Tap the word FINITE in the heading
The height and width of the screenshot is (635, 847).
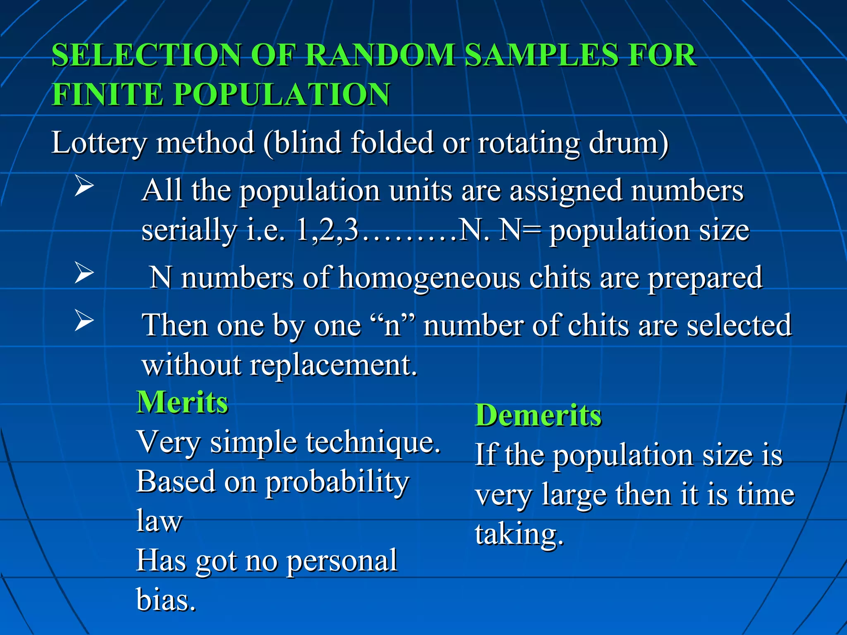click(x=107, y=94)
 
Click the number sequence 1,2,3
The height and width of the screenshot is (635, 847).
click(x=327, y=230)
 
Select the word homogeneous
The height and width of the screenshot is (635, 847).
click(x=429, y=278)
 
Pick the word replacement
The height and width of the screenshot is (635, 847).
click(x=333, y=365)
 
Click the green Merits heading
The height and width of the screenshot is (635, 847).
click(x=182, y=402)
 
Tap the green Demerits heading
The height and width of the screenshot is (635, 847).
click(x=538, y=415)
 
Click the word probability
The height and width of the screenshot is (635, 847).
click(x=337, y=482)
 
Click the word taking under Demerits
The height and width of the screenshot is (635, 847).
click(x=519, y=534)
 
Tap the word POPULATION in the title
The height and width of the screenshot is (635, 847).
click(x=281, y=94)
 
